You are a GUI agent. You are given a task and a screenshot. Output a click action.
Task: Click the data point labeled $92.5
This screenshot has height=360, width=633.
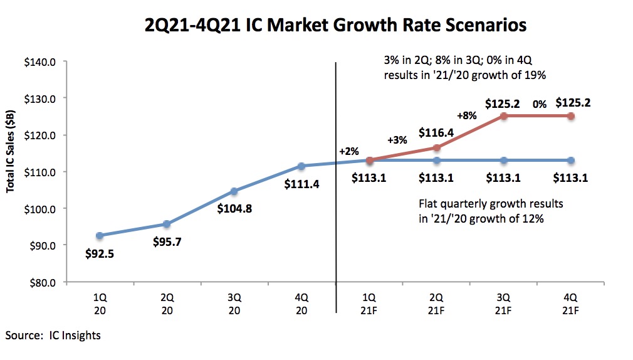pos(99,235)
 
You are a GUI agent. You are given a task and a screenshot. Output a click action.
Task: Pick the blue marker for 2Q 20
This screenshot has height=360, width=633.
pos(166,224)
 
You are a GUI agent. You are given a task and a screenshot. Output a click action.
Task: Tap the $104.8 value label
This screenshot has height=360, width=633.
pos(234,209)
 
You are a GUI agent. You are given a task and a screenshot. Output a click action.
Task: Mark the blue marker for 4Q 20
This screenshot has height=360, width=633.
pos(301,166)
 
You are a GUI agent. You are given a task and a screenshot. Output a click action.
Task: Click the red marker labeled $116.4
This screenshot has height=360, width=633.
pos(436,148)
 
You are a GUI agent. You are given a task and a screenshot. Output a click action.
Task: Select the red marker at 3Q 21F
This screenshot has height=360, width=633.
pos(503,115)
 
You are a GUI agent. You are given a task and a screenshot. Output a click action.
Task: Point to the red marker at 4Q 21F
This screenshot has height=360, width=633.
pos(570,115)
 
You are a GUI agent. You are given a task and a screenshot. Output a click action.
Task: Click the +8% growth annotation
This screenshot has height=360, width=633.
pos(468,116)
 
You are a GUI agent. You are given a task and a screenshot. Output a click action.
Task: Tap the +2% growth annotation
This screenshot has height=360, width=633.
pos(348,151)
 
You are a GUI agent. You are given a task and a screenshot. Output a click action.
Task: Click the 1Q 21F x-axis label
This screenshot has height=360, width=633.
pos(369,300)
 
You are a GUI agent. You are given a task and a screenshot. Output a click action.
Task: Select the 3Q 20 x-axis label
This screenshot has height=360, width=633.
pos(234,300)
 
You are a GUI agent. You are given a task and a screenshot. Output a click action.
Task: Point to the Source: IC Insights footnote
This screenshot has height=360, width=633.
pos(53,335)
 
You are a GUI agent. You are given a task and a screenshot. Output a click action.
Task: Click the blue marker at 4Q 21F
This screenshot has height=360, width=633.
pos(570,160)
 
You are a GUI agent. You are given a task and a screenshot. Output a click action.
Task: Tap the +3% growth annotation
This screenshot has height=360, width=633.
pos(397,140)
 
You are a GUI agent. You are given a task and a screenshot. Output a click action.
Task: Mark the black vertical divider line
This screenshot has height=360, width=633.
pos(336,188)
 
